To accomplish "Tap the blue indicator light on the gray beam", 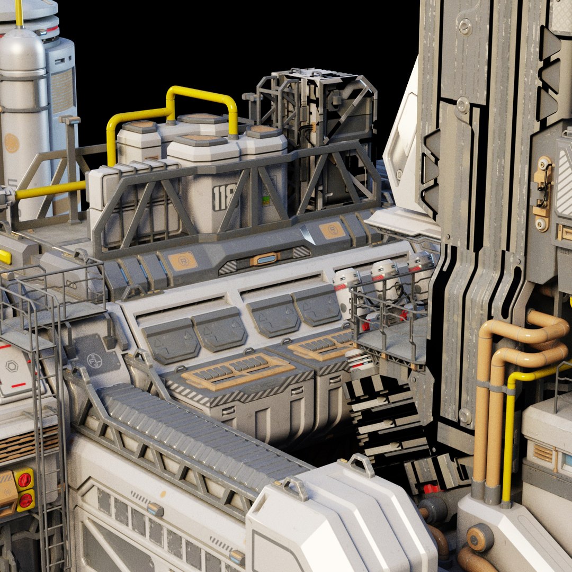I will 265,259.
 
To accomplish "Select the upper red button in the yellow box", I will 24,480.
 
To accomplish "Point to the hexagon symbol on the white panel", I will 11,367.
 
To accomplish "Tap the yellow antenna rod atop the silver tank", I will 19,13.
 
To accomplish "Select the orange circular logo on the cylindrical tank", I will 12,143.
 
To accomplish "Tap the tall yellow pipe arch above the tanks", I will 201,101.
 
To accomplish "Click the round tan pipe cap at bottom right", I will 480,537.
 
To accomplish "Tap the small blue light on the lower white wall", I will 155,509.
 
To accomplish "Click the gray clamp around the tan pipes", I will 491,387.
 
